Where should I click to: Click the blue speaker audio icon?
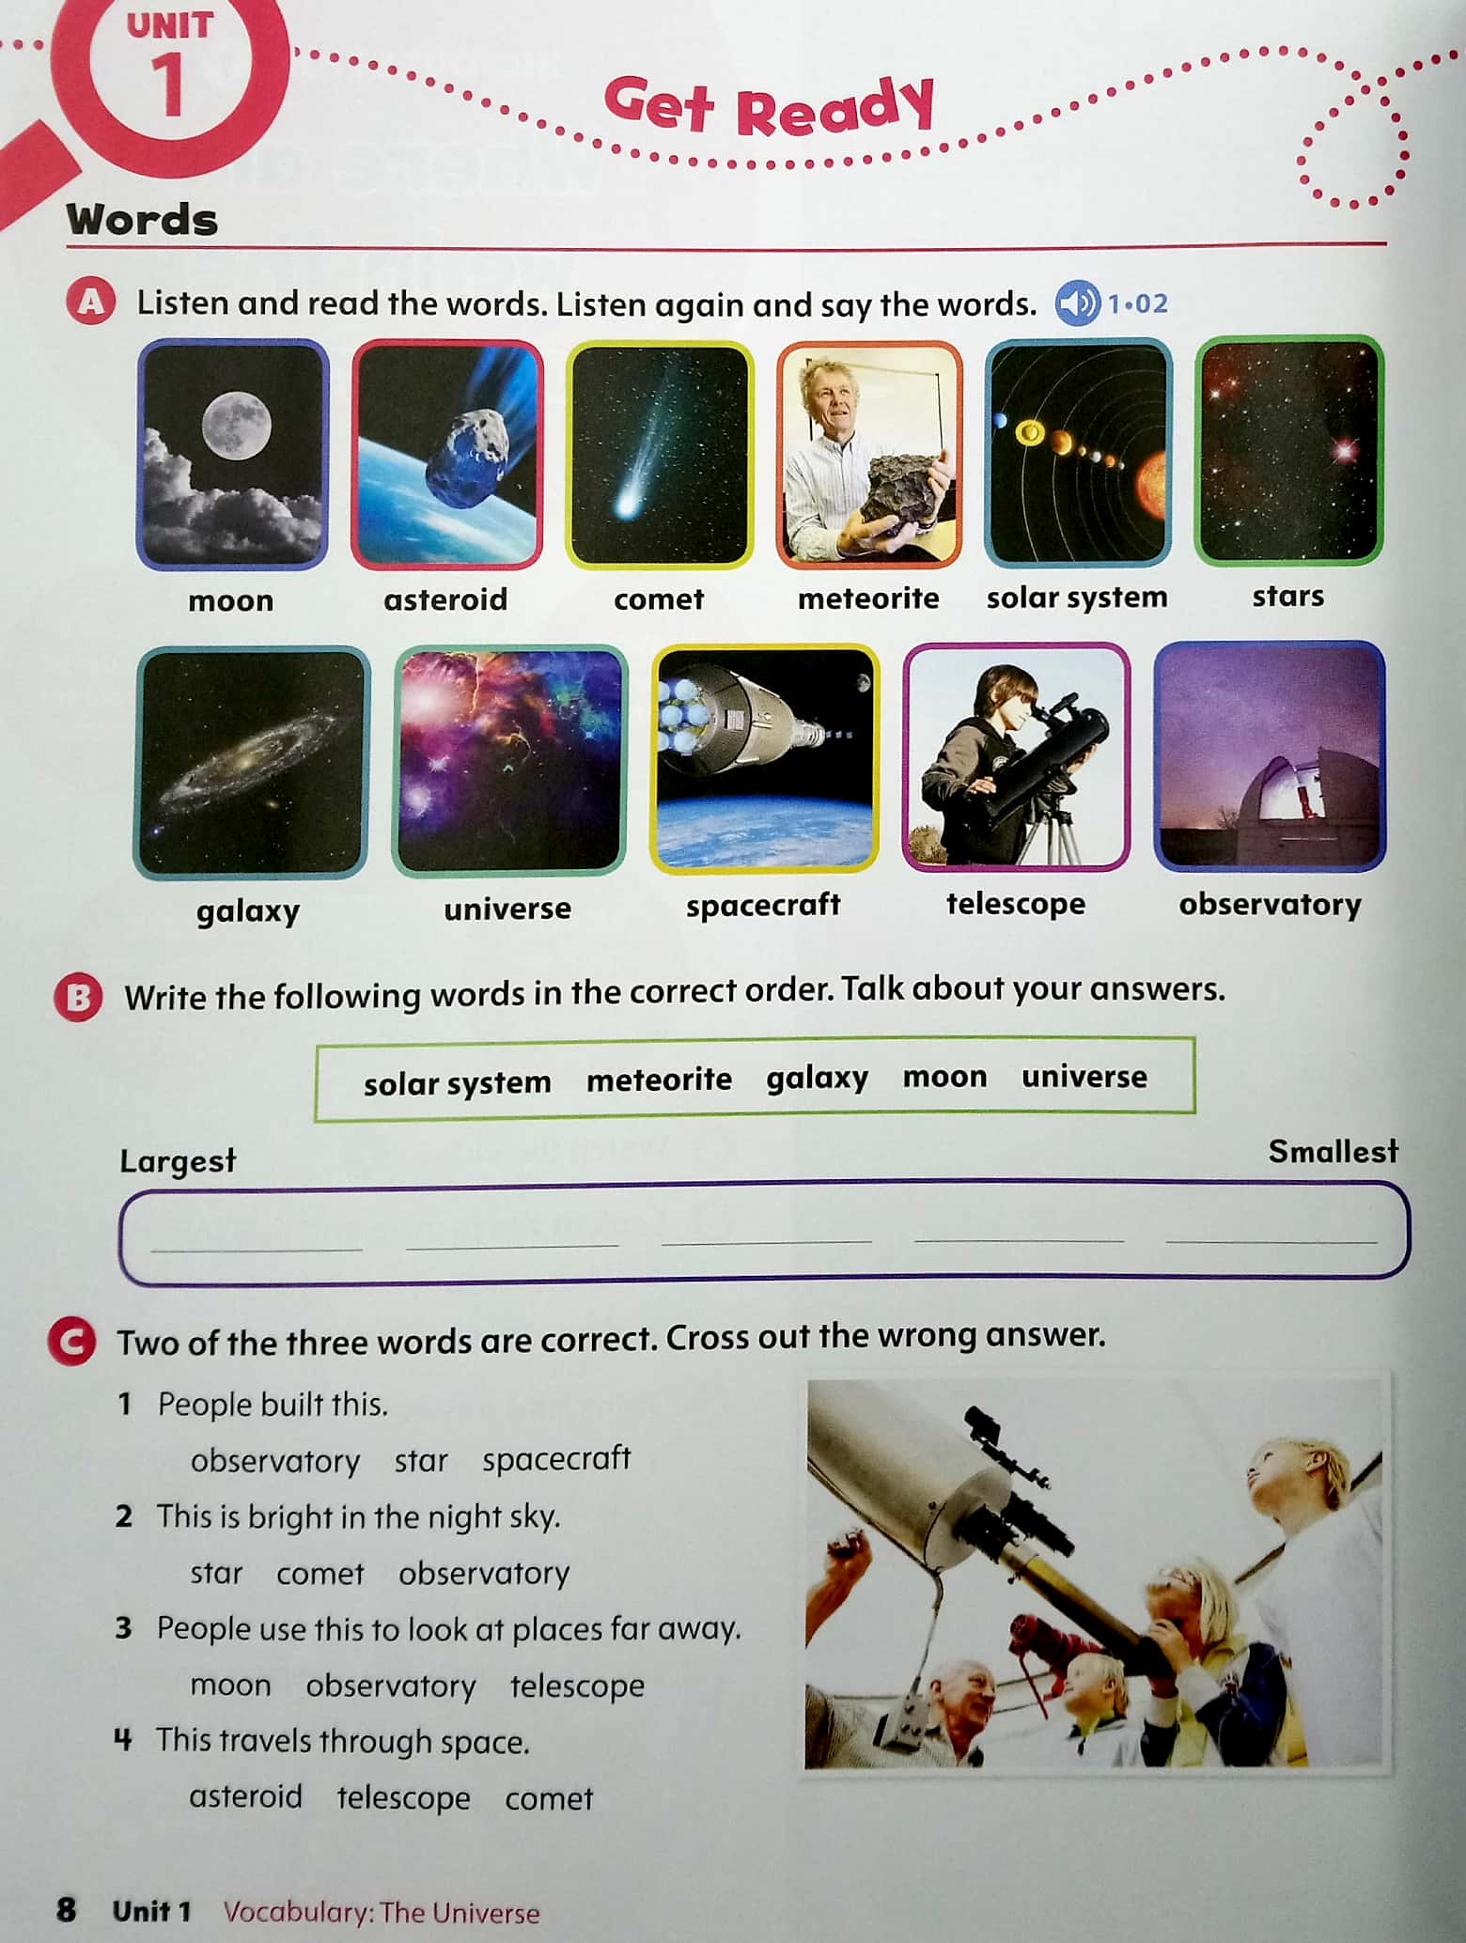click(1077, 303)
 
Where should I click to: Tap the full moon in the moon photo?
click(236, 426)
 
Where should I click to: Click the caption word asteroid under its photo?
click(445, 599)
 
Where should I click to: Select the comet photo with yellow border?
click(659, 455)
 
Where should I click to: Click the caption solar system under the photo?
click(1077, 598)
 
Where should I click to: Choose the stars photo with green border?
click(1288, 451)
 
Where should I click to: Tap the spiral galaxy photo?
click(252, 762)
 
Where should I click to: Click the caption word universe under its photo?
click(507, 909)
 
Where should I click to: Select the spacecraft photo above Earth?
click(764, 757)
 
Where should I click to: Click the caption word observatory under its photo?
click(1270, 905)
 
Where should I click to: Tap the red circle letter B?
click(78, 998)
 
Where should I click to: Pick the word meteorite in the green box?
click(659, 1080)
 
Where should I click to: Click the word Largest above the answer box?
click(178, 1161)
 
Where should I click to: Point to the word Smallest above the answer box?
click(1333, 1152)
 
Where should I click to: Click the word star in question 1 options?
click(420, 1461)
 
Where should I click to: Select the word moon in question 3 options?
click(230, 1686)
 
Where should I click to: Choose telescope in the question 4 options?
click(403, 1798)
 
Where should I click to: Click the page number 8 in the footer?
click(66, 1909)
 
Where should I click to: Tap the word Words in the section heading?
click(142, 220)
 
